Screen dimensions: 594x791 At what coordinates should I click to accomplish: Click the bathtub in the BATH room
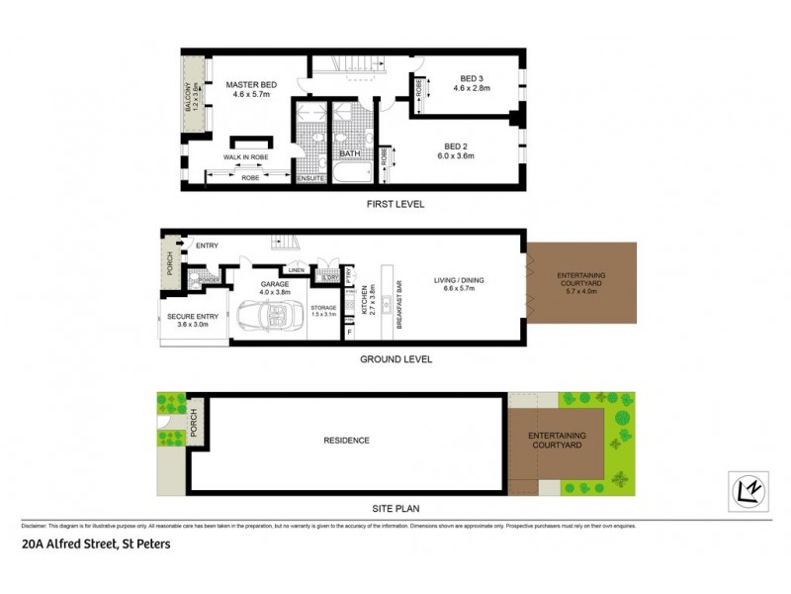tap(350, 175)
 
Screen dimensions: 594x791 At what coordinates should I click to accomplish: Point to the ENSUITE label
tap(310, 178)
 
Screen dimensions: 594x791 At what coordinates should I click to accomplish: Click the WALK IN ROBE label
tap(246, 157)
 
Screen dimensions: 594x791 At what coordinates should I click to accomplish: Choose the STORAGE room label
tap(323, 307)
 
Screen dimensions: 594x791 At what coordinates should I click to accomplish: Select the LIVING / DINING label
tap(460, 280)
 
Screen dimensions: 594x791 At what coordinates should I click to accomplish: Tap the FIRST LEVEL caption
tap(395, 204)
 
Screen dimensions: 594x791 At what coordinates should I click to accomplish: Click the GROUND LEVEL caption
tap(395, 359)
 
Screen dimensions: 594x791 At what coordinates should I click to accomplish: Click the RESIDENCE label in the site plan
tap(347, 441)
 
